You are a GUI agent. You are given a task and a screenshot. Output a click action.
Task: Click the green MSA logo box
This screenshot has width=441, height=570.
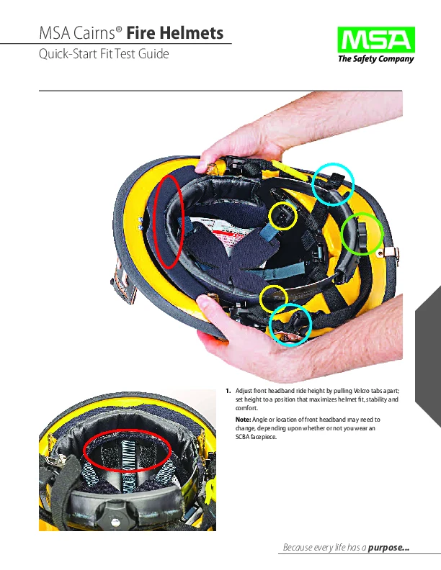coord(375,40)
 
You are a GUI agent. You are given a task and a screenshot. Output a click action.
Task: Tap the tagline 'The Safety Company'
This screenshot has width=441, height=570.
coord(375,60)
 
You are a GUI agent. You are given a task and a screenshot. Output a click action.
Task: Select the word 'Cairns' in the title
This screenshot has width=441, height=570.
coord(95,33)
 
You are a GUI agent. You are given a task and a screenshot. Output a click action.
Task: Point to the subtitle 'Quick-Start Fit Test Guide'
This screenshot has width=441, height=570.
coord(103,53)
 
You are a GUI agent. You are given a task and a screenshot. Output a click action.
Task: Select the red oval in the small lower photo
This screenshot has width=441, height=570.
coord(128,453)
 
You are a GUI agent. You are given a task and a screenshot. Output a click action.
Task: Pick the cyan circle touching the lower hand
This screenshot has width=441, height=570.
coord(290,325)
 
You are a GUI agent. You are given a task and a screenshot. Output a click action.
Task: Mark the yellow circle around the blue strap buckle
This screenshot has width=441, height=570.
coord(283,217)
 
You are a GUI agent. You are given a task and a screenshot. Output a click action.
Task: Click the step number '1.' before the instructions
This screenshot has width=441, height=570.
coord(227,391)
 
